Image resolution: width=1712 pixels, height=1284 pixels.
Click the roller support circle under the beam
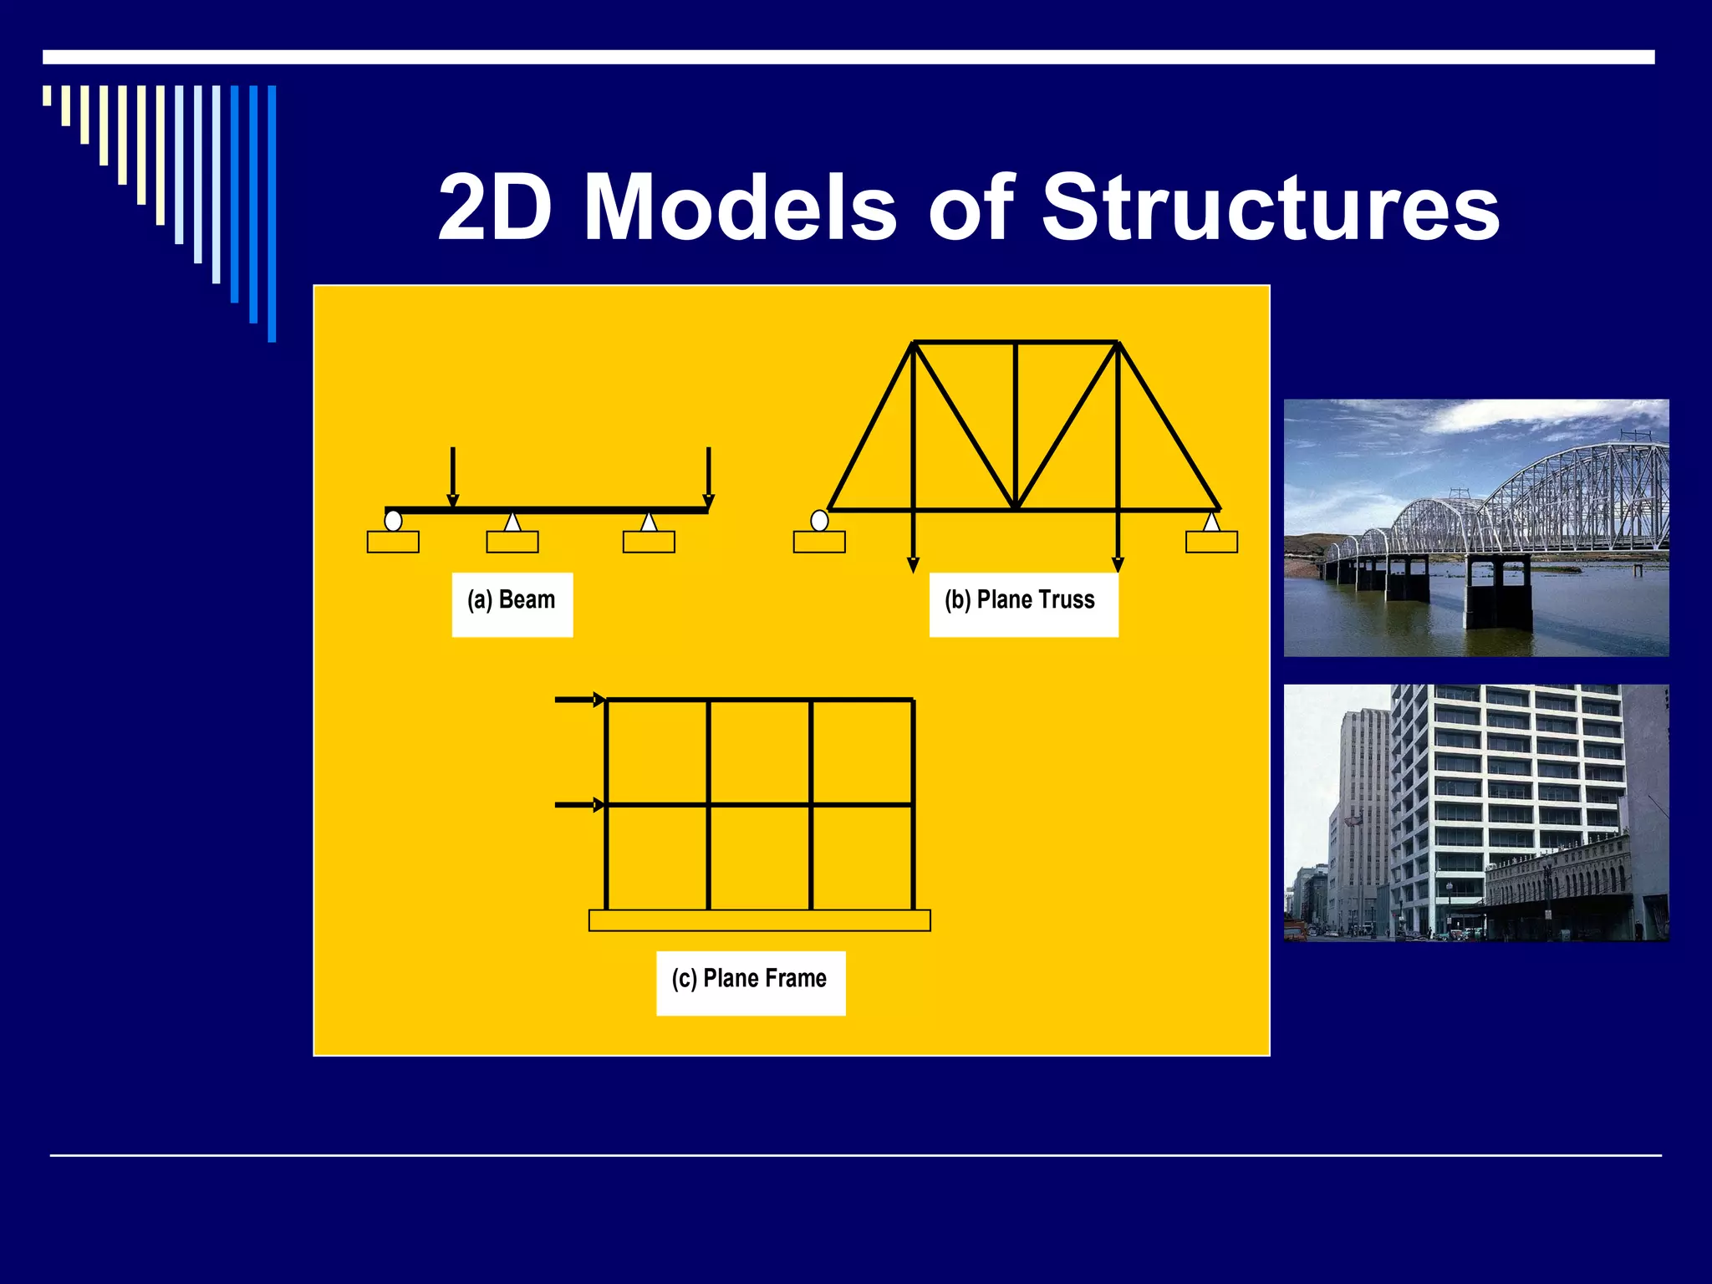click(393, 521)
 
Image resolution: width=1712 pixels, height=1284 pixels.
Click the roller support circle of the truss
click(819, 521)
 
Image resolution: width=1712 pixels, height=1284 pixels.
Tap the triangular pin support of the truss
click(1210, 522)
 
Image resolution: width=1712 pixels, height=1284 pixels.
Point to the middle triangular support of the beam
click(512, 522)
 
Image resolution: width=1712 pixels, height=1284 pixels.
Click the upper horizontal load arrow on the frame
click(578, 700)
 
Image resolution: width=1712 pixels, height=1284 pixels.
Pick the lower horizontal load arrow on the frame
click(578, 805)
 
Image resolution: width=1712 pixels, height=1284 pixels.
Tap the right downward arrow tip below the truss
click(1118, 564)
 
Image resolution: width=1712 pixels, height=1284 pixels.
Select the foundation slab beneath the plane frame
click(759, 920)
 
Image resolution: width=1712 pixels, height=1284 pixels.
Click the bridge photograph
click(1475, 527)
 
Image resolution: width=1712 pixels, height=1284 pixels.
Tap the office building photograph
click(1475, 813)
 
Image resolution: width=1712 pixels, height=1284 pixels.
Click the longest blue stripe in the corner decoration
click(272, 213)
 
